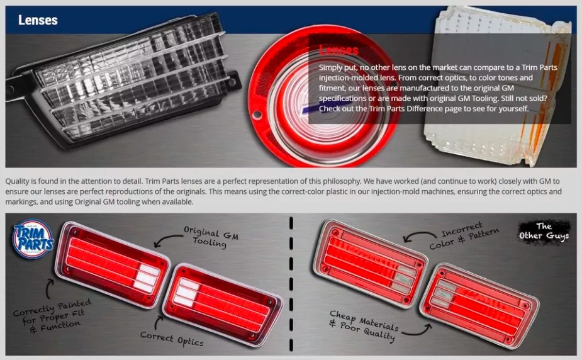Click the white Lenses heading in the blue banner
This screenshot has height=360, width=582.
[x=38, y=20]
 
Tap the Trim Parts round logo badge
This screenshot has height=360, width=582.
[x=33, y=239]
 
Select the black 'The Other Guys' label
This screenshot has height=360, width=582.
[x=544, y=231]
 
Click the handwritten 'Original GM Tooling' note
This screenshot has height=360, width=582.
[x=211, y=237]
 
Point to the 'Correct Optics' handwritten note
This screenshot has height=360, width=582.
[x=172, y=339]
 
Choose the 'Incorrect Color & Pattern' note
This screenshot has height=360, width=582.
[x=464, y=235]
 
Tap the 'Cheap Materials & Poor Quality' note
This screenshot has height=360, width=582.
[x=364, y=325]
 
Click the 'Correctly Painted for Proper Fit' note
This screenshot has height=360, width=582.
[x=52, y=315]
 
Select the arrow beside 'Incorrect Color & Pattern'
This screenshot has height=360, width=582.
[x=418, y=234]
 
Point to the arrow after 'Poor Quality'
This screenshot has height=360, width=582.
[x=418, y=332]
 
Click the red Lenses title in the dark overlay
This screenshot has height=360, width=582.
[x=339, y=50]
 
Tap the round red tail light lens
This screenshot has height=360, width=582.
[x=322, y=99]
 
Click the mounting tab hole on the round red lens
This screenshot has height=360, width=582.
[x=257, y=115]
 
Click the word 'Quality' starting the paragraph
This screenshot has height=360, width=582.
[x=17, y=181]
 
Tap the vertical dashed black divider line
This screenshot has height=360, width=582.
[x=291, y=284]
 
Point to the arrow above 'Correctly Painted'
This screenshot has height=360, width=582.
[x=48, y=290]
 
